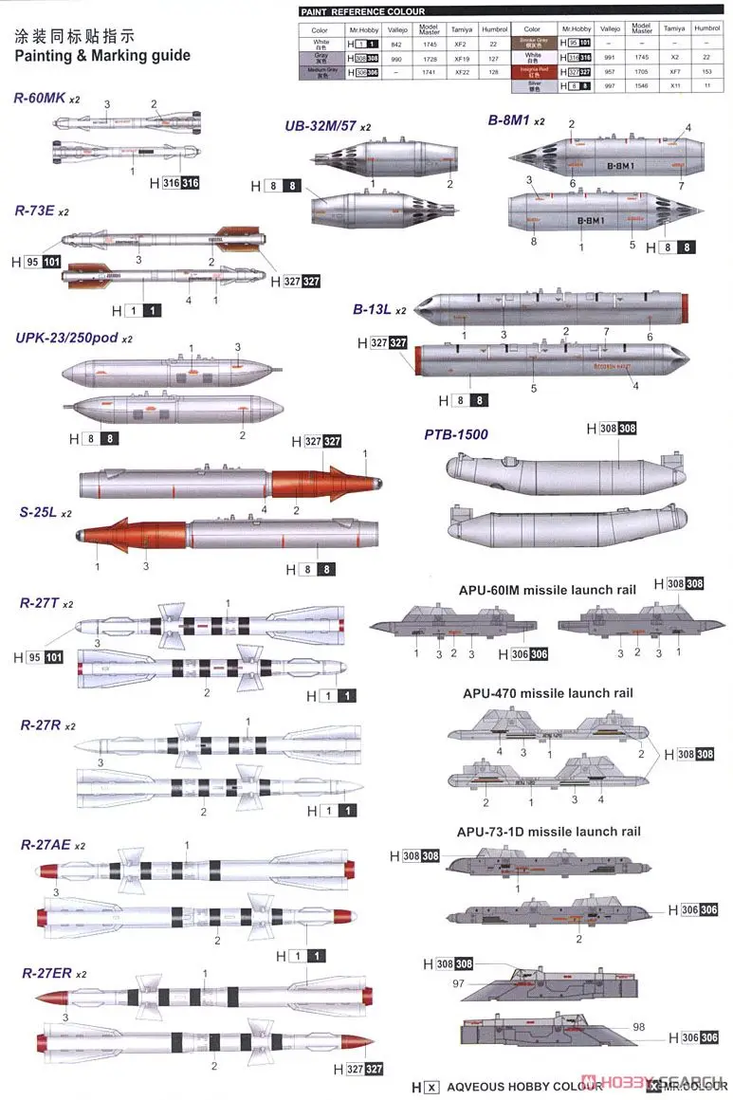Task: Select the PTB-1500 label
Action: (455, 435)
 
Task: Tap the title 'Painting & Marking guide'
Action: (102, 55)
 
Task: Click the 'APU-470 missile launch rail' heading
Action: (548, 693)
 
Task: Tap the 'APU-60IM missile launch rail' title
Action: (547, 590)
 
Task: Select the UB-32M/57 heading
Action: (321, 126)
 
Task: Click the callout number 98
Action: (638, 1028)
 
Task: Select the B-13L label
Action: (373, 310)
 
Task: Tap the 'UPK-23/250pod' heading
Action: (66, 338)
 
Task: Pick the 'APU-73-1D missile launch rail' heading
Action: (548, 832)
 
